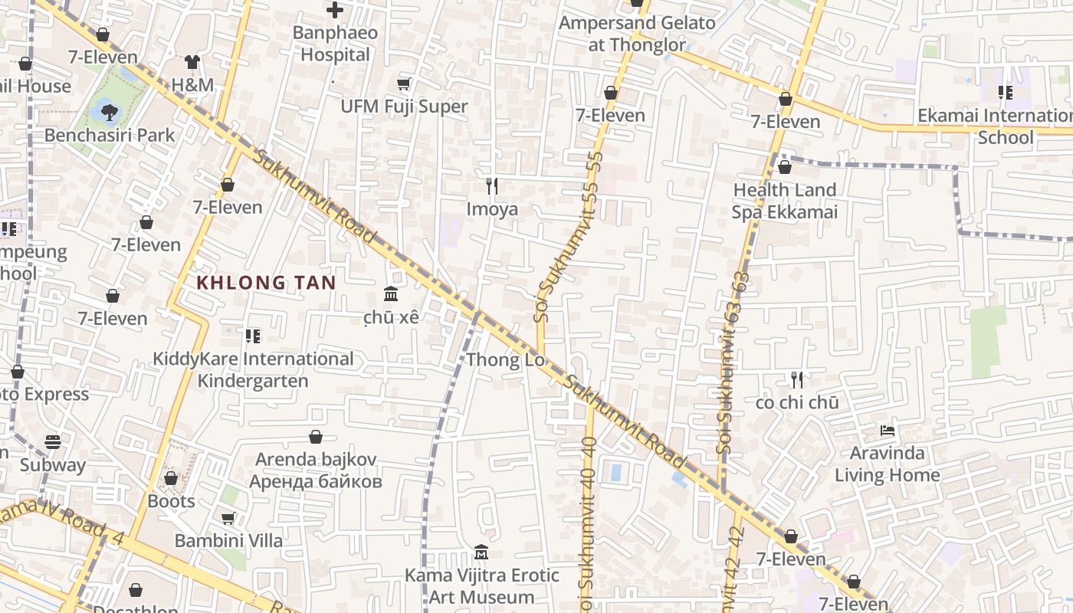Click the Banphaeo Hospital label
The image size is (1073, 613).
(335, 44)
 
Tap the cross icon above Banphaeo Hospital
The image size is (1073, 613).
(335, 10)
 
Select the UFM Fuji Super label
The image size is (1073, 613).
(404, 107)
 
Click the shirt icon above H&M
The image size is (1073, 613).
(192, 62)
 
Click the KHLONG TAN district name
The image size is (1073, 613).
(266, 283)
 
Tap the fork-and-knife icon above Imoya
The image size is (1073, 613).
(492, 185)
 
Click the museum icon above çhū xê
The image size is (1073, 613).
(390, 294)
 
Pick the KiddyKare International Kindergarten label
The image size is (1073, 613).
(253, 369)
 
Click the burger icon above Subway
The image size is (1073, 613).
(52, 442)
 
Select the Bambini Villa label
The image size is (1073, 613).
(228, 540)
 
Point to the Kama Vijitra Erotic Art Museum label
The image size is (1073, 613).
(481, 585)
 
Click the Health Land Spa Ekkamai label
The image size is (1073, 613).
(784, 201)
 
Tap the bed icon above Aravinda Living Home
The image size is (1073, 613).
(888, 431)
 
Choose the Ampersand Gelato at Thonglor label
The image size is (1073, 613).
(636, 34)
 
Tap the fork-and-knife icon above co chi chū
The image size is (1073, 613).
(797, 379)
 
